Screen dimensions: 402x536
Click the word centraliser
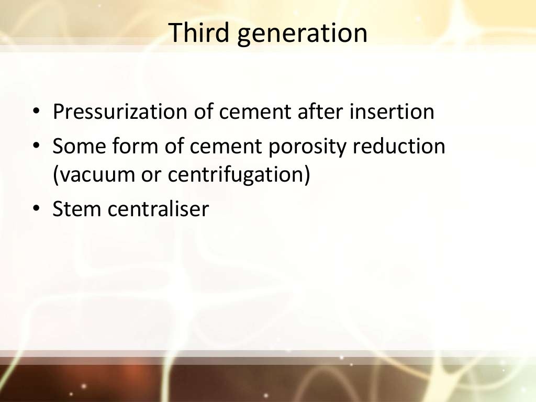tap(158, 209)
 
